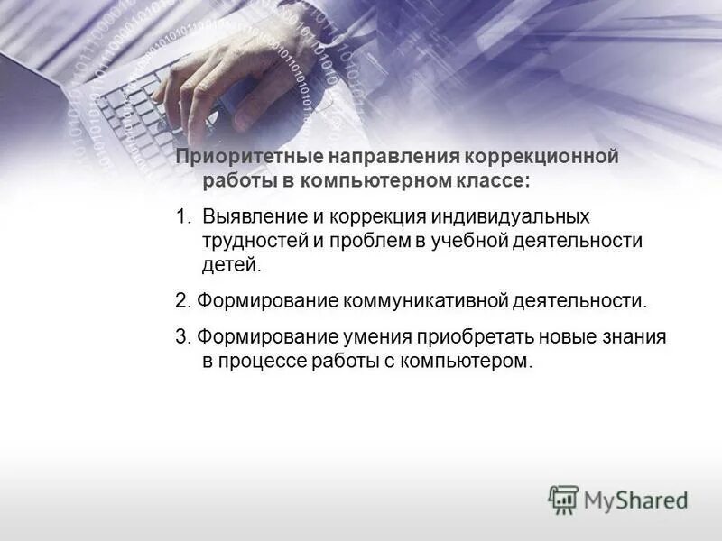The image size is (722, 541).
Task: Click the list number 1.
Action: (182, 217)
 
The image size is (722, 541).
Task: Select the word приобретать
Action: (475, 337)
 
